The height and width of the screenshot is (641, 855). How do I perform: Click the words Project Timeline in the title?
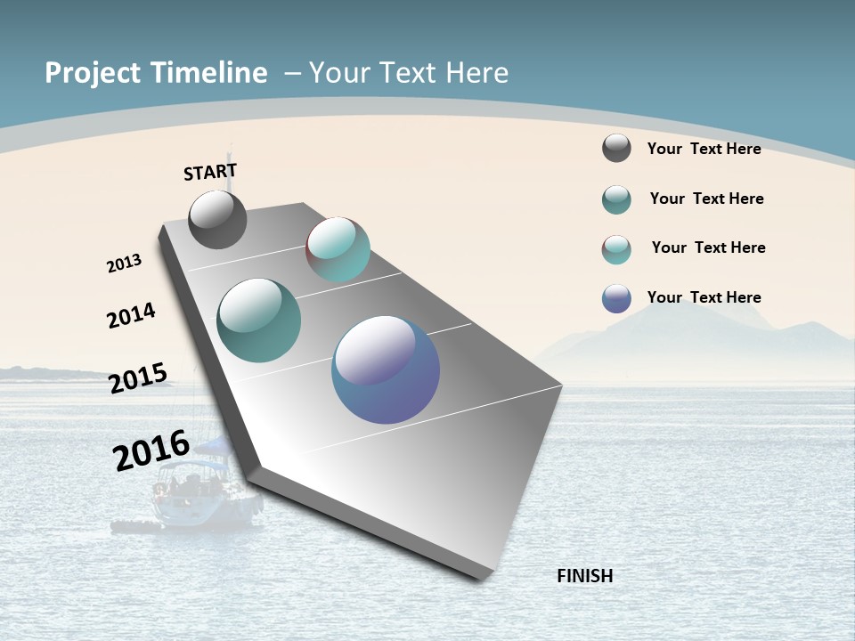click(156, 73)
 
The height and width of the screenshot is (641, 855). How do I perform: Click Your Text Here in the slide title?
click(409, 73)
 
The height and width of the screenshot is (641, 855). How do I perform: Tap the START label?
click(210, 172)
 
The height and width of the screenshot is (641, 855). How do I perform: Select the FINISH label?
click(584, 576)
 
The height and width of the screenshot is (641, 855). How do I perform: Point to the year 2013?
click(124, 264)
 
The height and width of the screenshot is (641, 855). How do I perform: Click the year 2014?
click(131, 315)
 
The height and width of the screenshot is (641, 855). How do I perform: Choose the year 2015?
click(138, 377)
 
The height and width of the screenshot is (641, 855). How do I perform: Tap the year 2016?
click(151, 450)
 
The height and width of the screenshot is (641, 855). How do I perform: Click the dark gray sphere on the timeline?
click(217, 220)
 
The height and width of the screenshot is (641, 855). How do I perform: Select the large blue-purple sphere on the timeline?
click(386, 369)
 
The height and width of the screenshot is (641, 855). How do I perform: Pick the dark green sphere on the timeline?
click(259, 320)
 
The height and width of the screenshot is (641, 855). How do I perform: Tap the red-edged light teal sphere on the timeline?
click(338, 249)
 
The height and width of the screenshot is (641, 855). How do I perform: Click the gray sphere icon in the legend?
click(616, 148)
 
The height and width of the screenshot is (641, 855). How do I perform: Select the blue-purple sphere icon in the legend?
click(616, 298)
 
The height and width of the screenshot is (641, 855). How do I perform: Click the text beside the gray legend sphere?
click(704, 149)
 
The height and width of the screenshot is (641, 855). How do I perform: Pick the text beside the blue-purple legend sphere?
click(704, 297)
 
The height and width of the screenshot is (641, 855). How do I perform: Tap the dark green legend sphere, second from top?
click(616, 199)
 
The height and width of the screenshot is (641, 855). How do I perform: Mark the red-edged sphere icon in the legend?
click(616, 249)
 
